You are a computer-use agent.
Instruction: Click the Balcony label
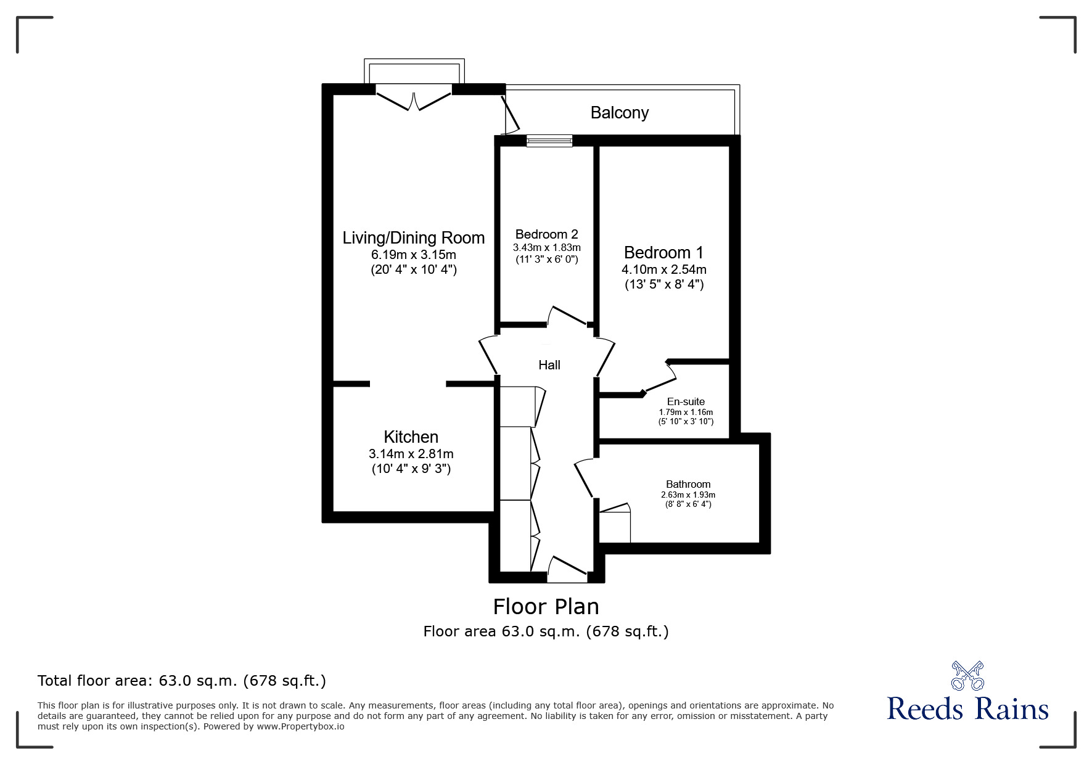coord(619,113)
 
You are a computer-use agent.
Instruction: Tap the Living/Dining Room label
coord(413,238)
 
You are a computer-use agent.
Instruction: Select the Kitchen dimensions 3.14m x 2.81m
coord(411,454)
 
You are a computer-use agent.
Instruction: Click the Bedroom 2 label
coord(546,234)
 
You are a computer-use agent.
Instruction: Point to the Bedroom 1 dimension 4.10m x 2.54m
coord(663,269)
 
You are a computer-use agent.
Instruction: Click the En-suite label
coord(686,401)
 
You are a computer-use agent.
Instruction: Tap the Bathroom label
coord(688,484)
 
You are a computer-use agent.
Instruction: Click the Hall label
coord(549,365)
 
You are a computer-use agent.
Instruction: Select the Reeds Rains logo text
coord(967,709)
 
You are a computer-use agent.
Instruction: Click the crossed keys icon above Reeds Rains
coord(967,676)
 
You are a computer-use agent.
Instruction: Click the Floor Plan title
coord(546,607)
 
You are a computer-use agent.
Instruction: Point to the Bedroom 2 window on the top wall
coord(549,141)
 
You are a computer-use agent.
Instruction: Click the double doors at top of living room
coord(414,99)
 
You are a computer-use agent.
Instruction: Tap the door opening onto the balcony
coord(511,116)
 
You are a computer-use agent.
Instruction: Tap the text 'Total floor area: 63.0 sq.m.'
coord(182,681)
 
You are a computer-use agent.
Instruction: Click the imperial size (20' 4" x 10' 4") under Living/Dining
coord(413,269)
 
